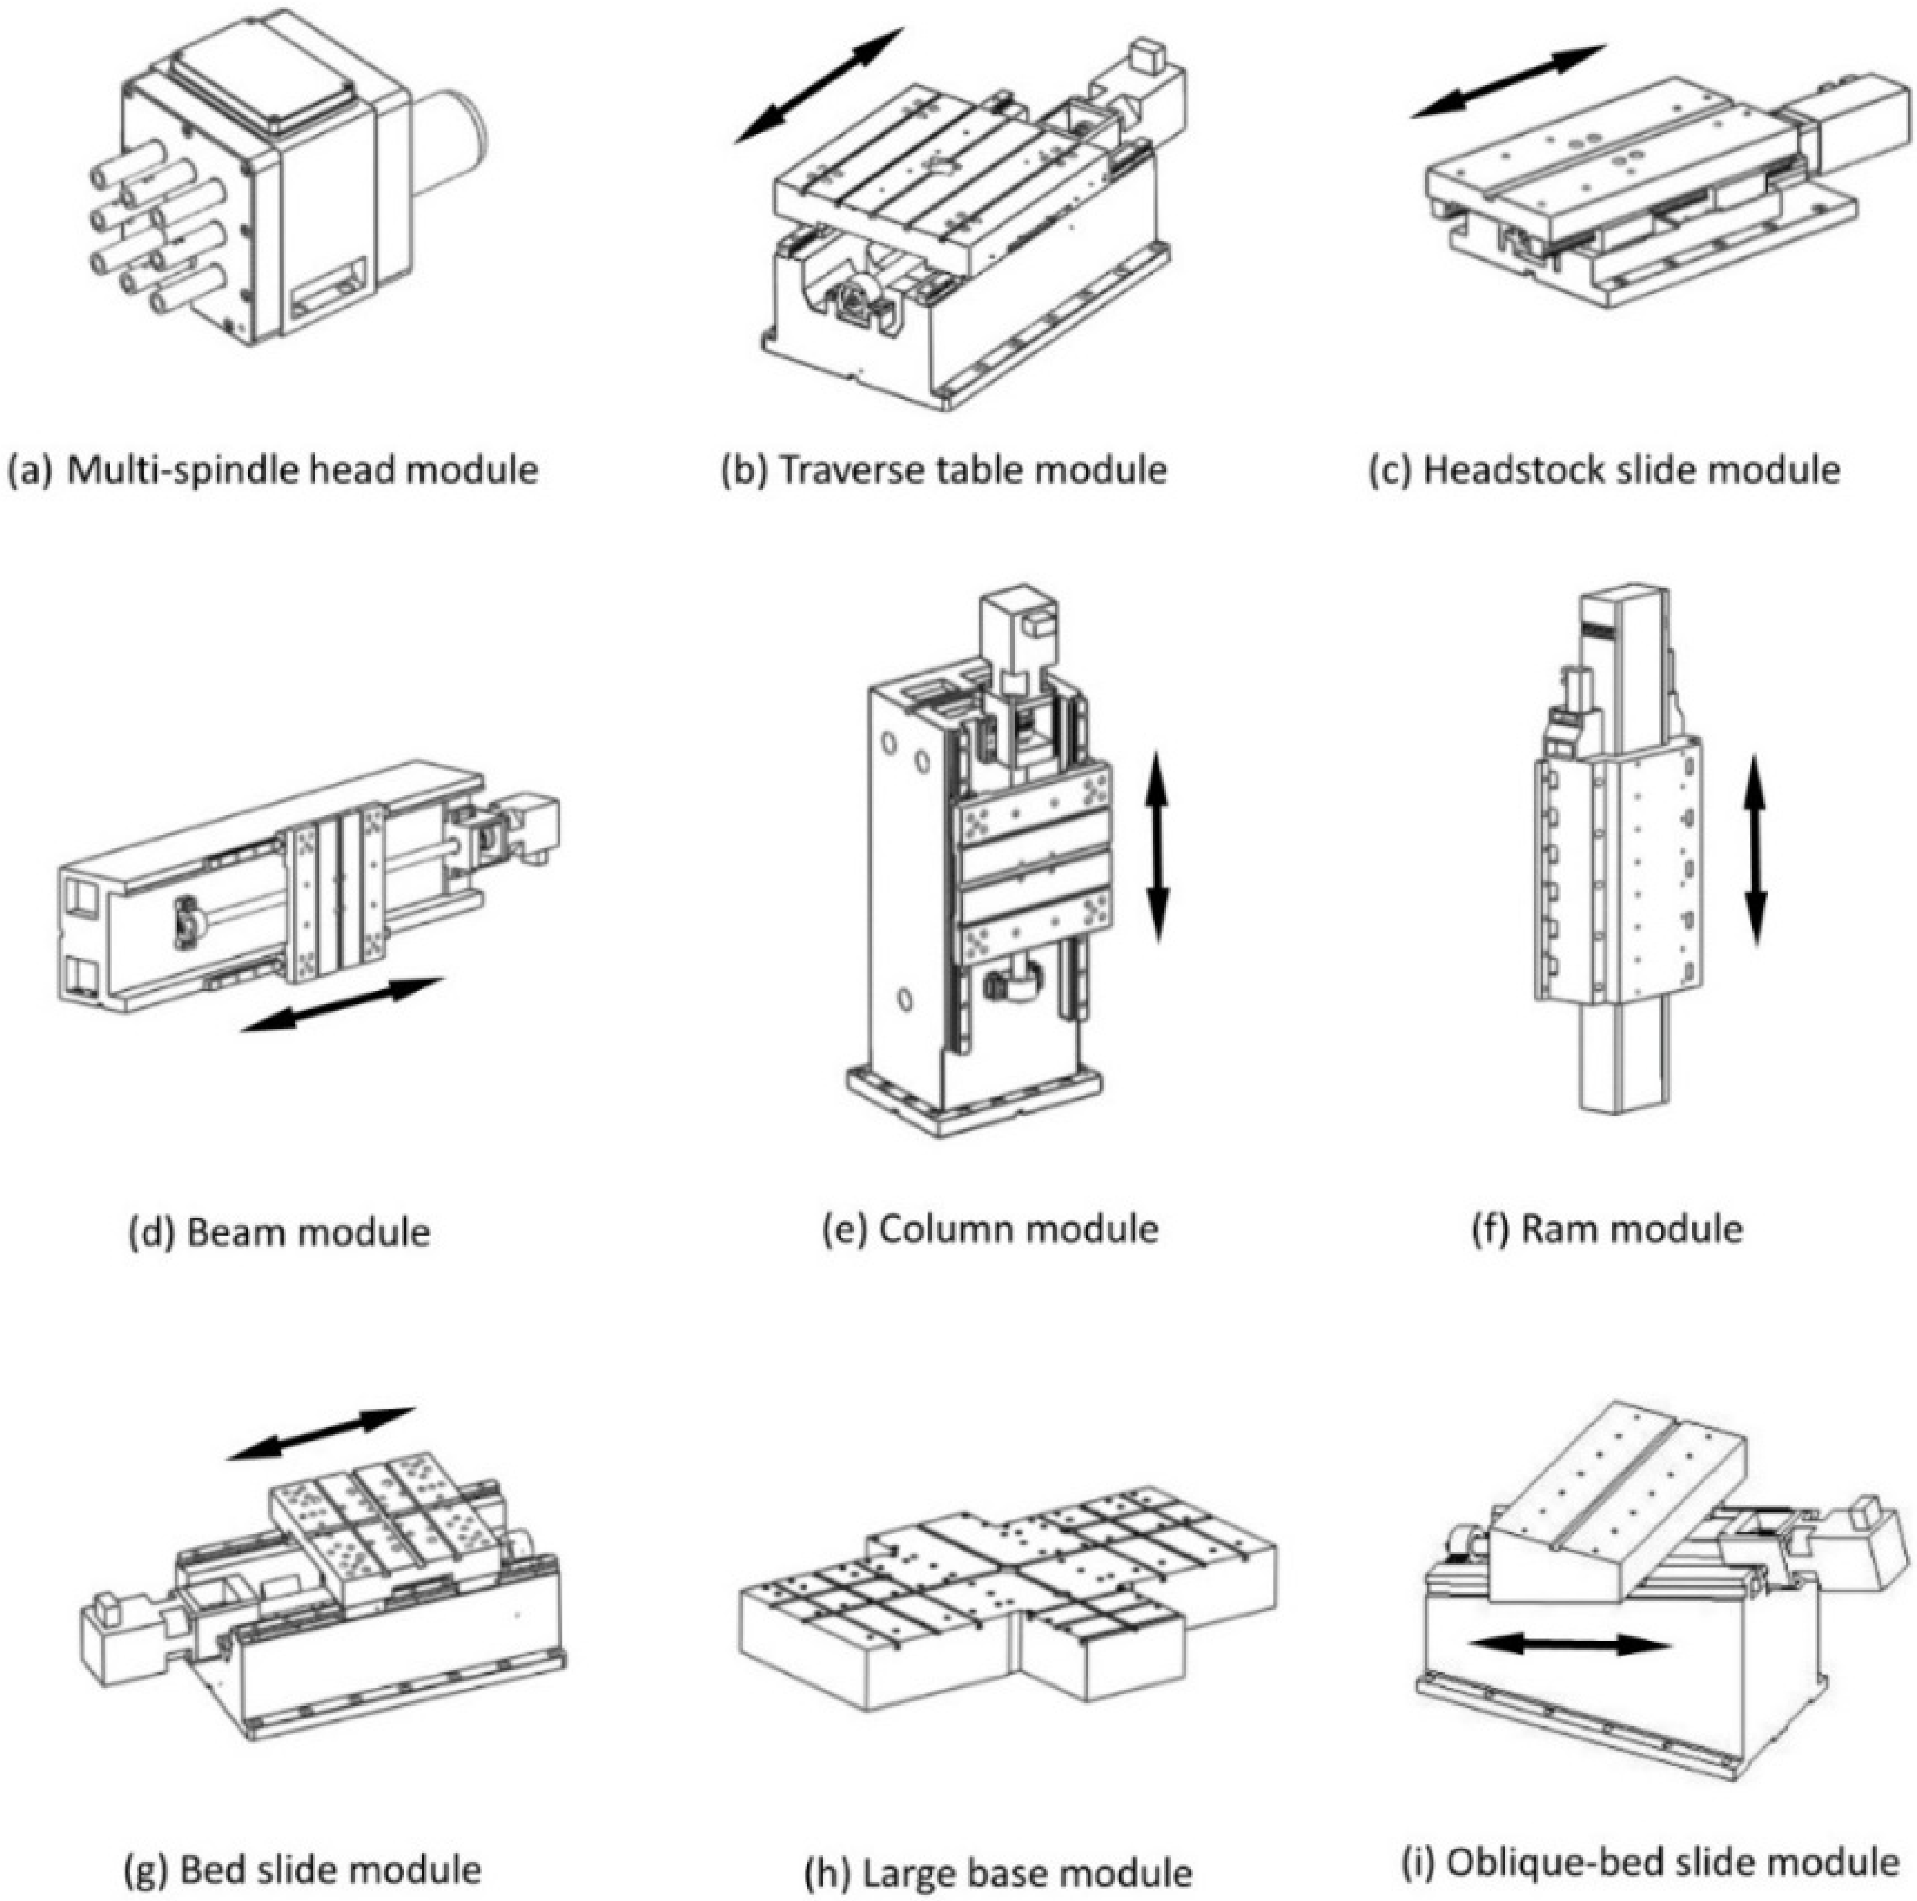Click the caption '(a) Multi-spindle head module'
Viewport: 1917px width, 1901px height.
click(x=273, y=469)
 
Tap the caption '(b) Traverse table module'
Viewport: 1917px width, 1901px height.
click(x=944, y=469)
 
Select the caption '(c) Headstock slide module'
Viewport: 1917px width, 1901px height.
click(x=1604, y=469)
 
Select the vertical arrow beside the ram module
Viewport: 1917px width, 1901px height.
click(x=1755, y=850)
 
